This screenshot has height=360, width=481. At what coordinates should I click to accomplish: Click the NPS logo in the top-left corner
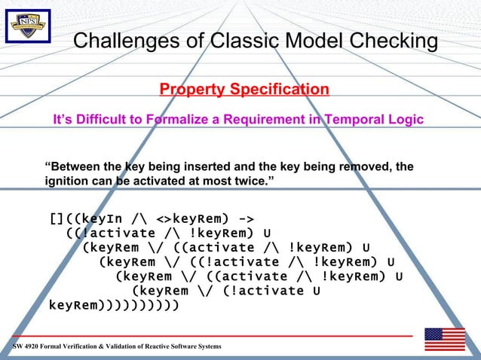tap(28, 27)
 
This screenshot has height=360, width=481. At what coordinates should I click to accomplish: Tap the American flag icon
tap(444, 340)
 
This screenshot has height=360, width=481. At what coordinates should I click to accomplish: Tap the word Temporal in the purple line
tap(349, 120)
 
